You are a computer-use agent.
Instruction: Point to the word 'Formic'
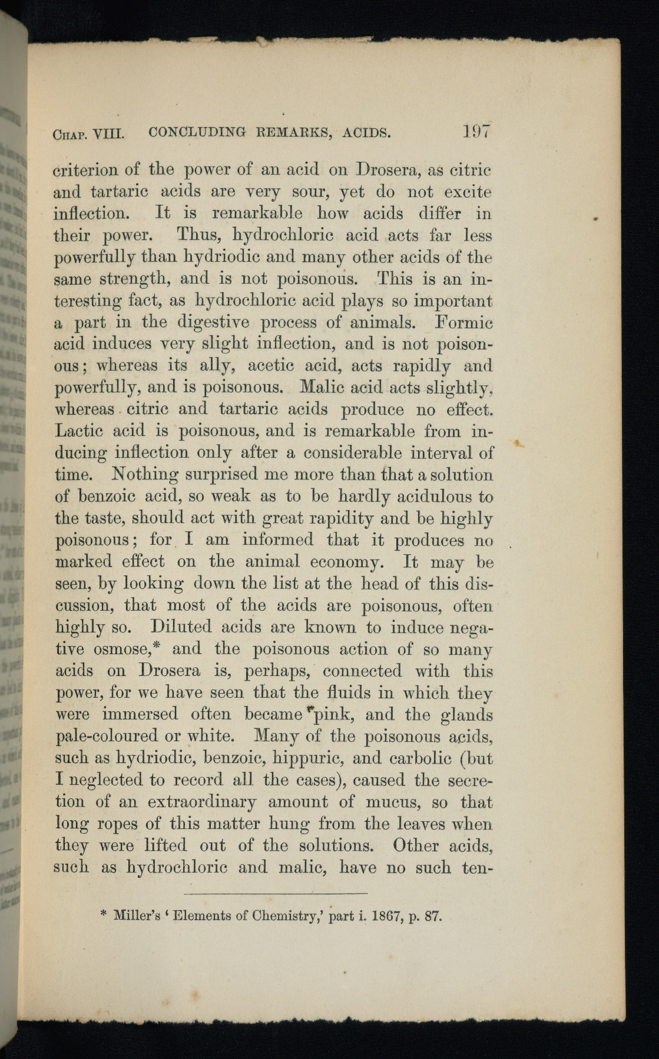463,322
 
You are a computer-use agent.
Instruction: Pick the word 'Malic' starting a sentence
326,388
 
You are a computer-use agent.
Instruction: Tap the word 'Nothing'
145,475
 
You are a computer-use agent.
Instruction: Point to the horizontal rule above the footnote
279,894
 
